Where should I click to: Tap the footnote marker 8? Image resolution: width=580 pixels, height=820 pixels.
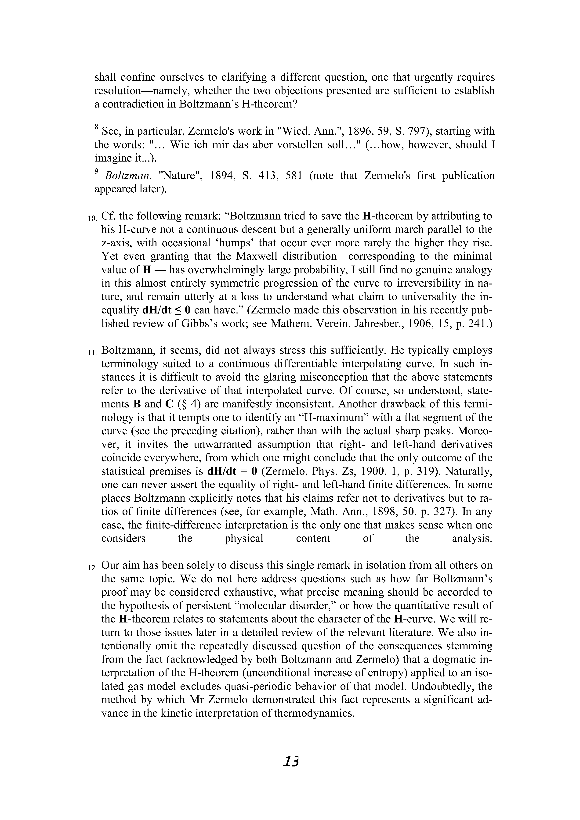(96, 127)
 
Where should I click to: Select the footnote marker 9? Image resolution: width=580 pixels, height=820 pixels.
(96, 171)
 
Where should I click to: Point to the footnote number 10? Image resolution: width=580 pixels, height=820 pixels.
(92, 218)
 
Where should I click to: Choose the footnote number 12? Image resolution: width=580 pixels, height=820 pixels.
(92, 568)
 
